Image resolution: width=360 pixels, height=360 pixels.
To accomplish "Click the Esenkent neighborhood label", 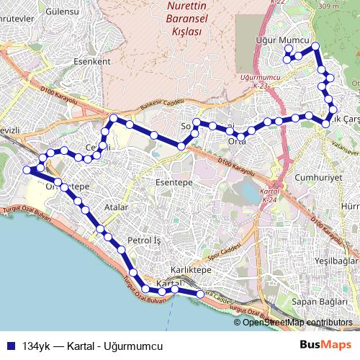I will [x=92, y=62].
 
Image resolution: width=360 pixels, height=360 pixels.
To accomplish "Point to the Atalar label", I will [x=115, y=207].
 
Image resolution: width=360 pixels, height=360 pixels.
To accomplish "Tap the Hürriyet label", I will [x=349, y=204].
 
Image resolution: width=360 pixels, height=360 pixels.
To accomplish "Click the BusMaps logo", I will [x=330, y=345].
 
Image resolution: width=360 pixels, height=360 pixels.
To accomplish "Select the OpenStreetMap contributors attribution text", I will [x=297, y=323].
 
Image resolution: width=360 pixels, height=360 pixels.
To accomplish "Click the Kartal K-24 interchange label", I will [x=270, y=195].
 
